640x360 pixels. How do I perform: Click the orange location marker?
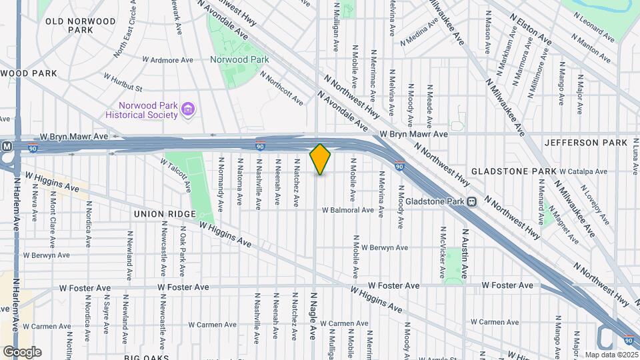320,159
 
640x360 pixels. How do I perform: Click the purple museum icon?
189,109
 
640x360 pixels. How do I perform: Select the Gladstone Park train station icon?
472,201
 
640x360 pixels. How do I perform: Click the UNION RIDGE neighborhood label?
165,214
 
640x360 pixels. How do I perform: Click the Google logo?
22,351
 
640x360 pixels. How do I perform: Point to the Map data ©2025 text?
610,355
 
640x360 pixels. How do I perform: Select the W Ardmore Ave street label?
167,60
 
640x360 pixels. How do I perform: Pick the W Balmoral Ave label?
348,210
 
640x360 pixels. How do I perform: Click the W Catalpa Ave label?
583,171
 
